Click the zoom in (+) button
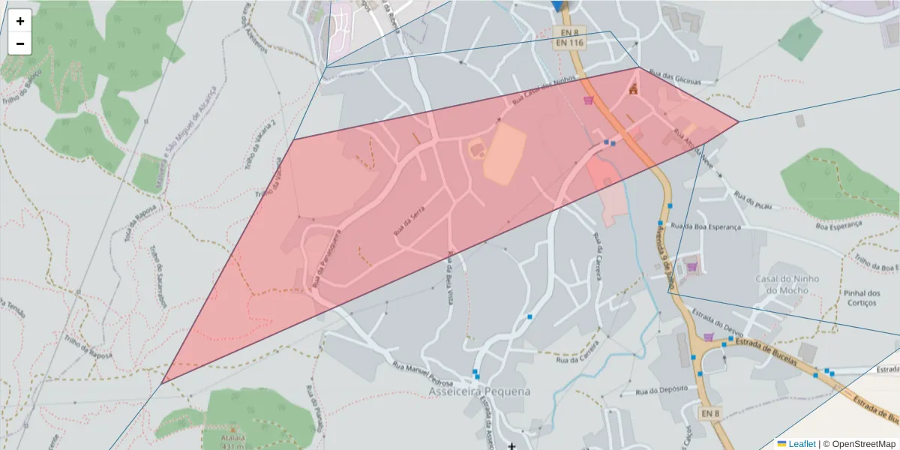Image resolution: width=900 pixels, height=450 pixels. tap(20, 21)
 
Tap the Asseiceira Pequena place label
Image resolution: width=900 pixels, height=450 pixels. tap(479, 391)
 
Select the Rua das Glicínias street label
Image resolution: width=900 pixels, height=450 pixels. tap(675, 78)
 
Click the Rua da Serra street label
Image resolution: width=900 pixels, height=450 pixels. tap(409, 222)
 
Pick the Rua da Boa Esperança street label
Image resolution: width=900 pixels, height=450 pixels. tap(705, 226)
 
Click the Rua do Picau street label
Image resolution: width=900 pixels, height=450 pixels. tap(753, 201)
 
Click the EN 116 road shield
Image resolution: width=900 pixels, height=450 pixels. tap(569, 43)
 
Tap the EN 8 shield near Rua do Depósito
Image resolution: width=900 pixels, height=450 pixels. tap(711, 413)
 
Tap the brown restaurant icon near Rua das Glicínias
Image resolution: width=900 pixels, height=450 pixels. tap(633, 90)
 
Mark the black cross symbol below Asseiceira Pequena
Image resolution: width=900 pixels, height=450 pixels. tap(511, 446)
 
